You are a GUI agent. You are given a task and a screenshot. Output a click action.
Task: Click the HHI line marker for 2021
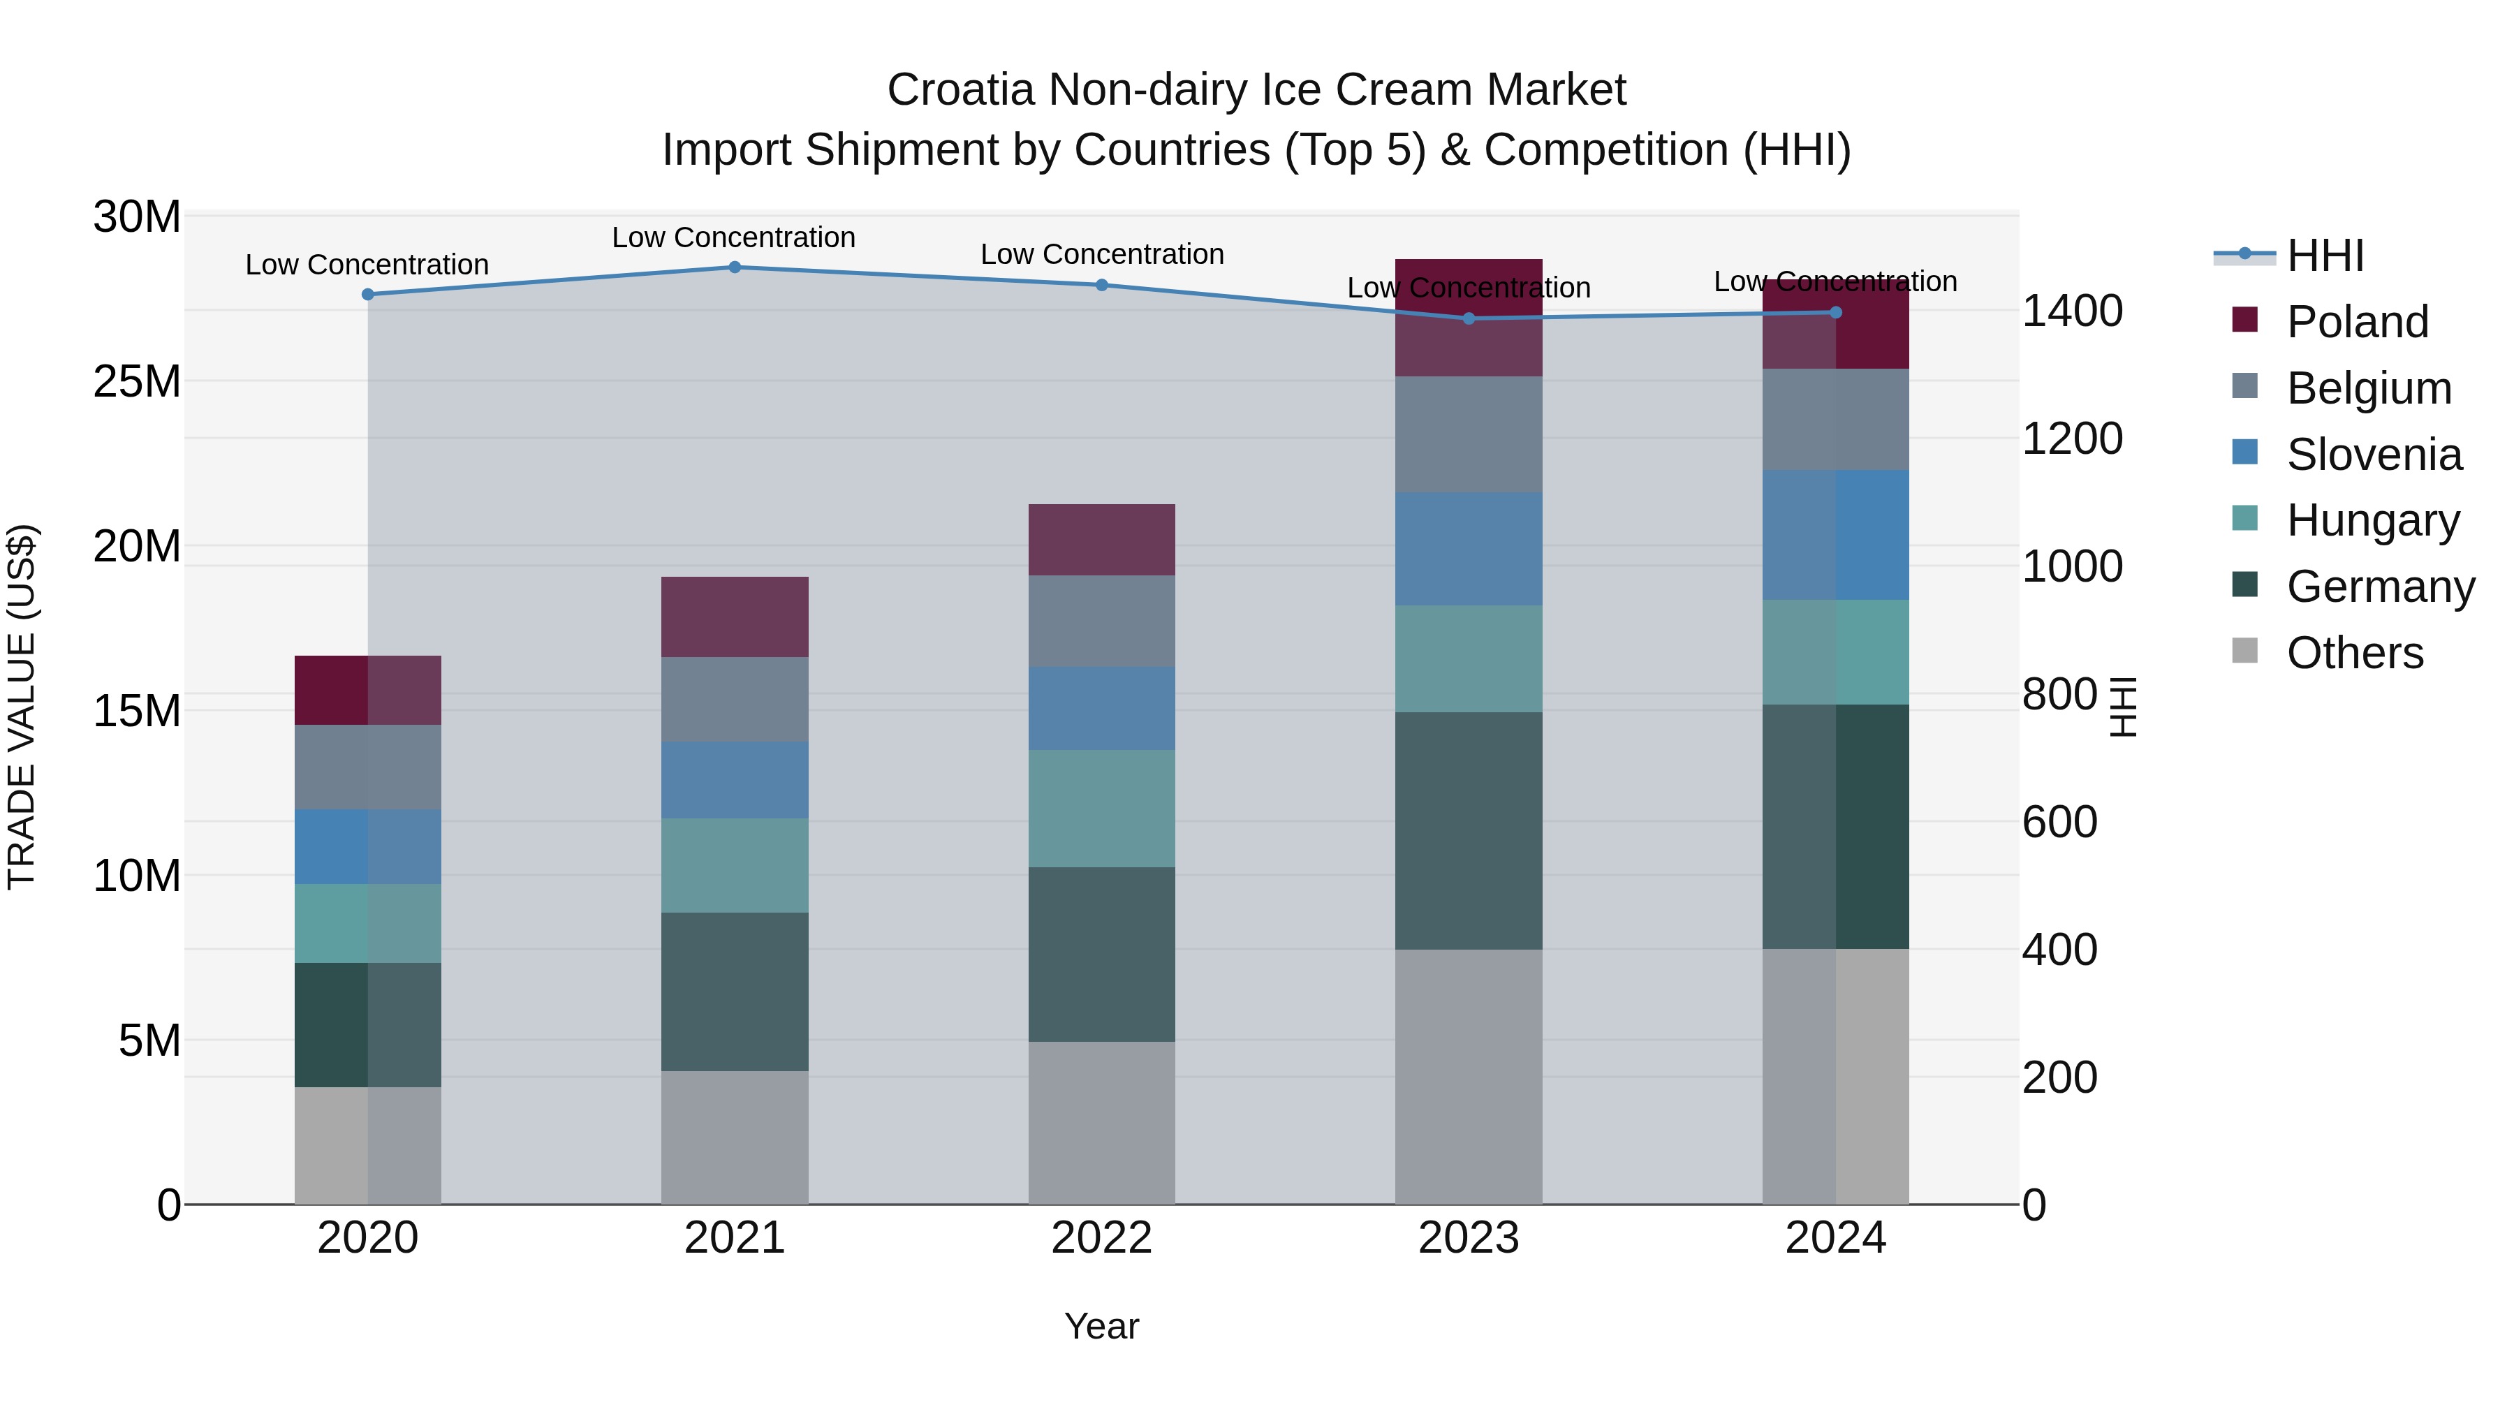click(735, 267)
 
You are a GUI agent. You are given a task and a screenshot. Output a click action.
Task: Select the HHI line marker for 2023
click(1469, 318)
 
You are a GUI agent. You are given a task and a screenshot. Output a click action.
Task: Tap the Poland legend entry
click(2357, 322)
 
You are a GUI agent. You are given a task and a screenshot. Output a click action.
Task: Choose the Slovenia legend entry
click(2374, 455)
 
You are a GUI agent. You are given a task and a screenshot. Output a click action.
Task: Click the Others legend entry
click(2354, 653)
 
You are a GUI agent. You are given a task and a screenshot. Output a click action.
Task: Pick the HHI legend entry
click(2325, 256)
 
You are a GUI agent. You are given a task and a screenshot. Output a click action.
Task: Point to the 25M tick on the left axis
click(137, 381)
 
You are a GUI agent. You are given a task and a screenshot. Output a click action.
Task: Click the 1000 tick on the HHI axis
click(2071, 566)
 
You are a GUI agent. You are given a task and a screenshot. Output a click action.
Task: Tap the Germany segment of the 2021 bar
click(735, 992)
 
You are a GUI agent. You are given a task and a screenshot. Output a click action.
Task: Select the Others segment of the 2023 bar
click(1469, 1076)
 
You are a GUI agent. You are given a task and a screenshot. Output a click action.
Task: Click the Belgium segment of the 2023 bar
click(1469, 434)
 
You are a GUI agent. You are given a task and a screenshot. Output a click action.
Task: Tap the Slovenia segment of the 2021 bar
click(735, 780)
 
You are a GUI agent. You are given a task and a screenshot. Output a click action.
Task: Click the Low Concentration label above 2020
click(367, 265)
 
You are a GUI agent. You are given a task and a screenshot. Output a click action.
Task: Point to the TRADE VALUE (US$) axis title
click(22, 707)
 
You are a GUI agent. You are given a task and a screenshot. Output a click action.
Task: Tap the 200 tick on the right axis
click(2059, 1077)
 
